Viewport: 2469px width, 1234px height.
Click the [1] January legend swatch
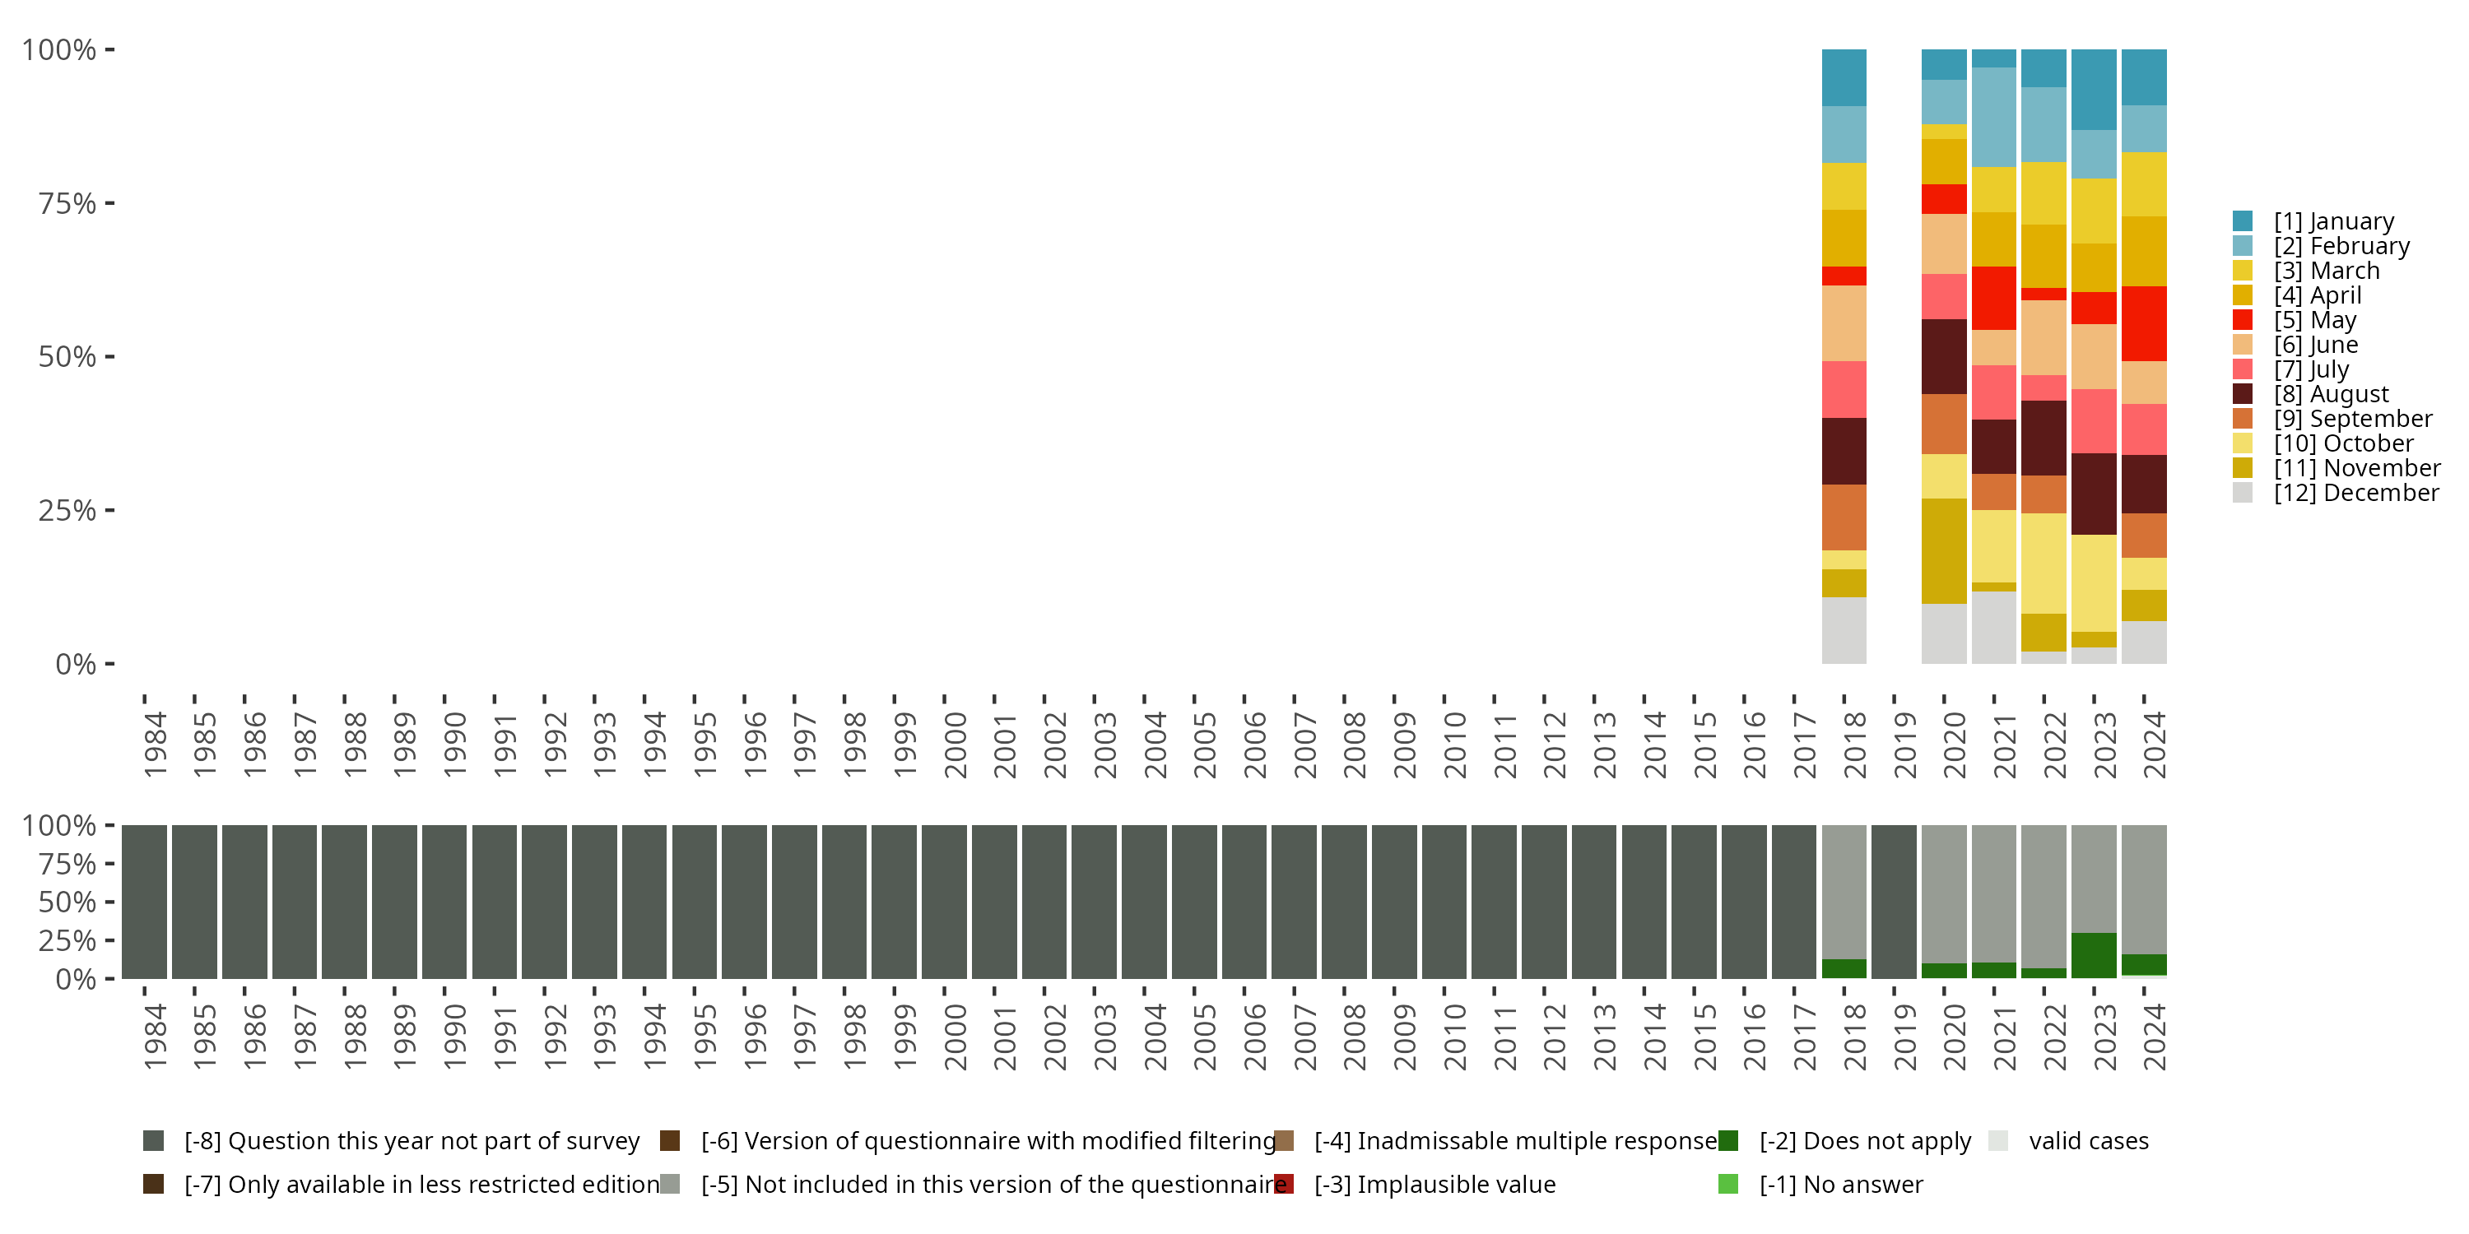[2242, 221]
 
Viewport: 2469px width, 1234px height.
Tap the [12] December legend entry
[2356, 493]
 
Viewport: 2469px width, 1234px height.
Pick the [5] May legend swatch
[2242, 320]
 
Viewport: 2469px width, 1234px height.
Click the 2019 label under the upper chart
[1904, 745]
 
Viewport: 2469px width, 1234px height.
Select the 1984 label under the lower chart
[156, 1037]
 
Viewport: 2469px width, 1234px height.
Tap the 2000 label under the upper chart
[955, 745]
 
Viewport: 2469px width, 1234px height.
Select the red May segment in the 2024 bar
[2143, 324]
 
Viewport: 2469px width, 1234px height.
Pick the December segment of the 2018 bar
[1844, 630]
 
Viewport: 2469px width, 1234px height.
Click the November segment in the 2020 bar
[1944, 551]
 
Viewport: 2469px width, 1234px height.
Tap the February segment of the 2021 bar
[1993, 117]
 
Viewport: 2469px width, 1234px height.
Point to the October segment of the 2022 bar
[2044, 564]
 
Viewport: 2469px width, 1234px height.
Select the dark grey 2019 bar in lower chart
[1893, 902]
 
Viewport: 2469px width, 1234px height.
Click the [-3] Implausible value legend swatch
[1283, 1184]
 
